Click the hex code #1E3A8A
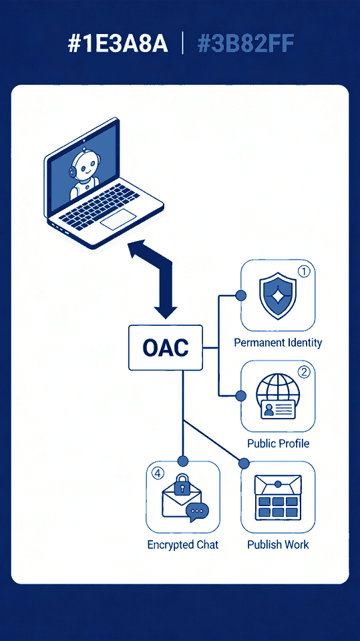tap(118, 44)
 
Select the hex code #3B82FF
tap(246, 44)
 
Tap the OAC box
tap(166, 347)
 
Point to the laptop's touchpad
tap(118, 219)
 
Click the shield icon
tap(278, 296)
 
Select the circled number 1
tap(303, 271)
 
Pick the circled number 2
tap(303, 372)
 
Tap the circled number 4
tap(158, 473)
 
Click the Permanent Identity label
tap(278, 343)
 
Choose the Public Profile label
tap(278, 443)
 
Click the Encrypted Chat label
tap(183, 545)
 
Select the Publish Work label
tap(278, 545)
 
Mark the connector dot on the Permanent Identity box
tap(241, 296)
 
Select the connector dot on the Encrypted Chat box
tap(183, 461)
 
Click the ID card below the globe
tap(278, 409)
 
